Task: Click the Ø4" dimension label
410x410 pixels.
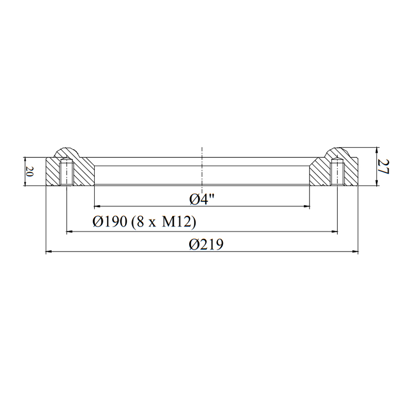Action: pyautogui.click(x=201, y=200)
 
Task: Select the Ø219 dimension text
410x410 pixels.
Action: pyautogui.click(x=206, y=244)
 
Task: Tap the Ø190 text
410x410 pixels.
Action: pyautogui.click(x=110, y=222)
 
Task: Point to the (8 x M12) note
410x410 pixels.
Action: pyautogui.click(x=163, y=222)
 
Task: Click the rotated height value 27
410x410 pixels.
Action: pyautogui.click(x=383, y=167)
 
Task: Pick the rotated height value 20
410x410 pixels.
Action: pyautogui.click(x=30, y=172)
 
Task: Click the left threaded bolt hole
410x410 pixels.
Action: pyautogui.click(x=66, y=172)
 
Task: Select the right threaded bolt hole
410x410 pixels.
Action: pyautogui.click(x=337, y=172)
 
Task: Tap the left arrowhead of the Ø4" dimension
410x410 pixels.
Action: pyautogui.click(x=97, y=207)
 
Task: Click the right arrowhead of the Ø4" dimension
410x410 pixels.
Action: pyautogui.click(x=306, y=207)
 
